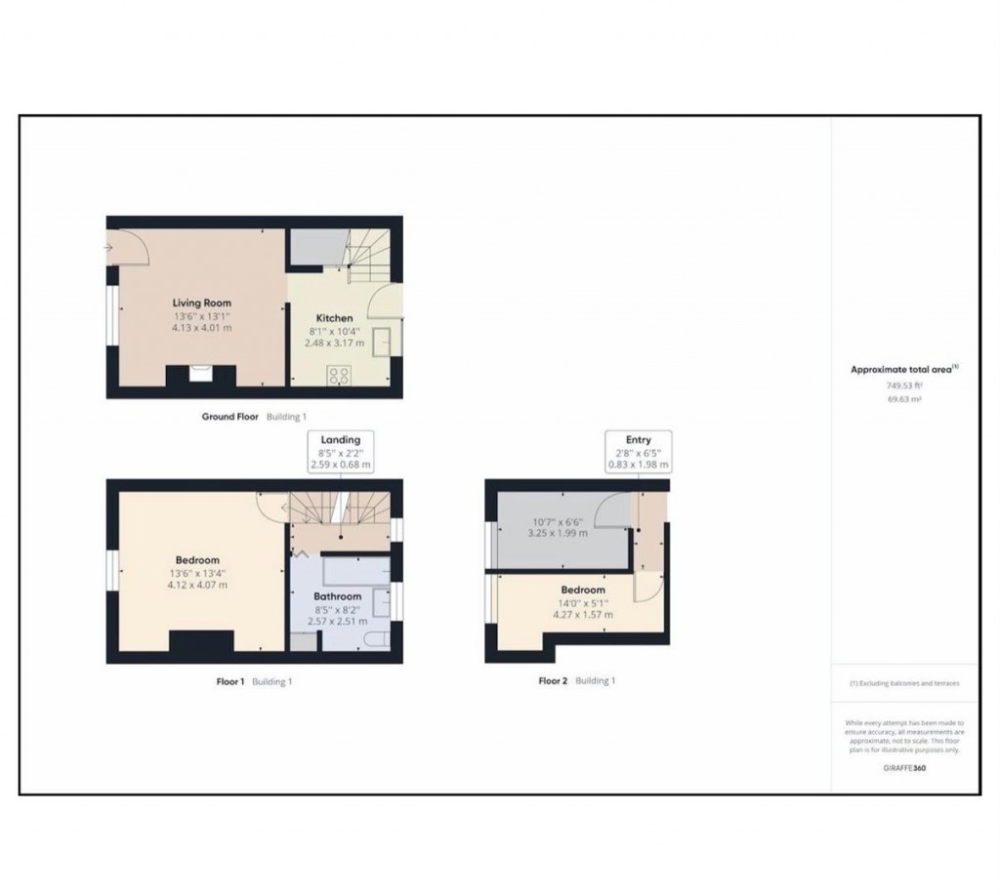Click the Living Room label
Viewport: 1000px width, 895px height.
(x=202, y=304)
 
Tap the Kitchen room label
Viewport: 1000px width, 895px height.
(x=334, y=318)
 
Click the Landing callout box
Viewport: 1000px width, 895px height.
(x=340, y=452)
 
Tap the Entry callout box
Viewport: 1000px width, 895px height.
(x=638, y=452)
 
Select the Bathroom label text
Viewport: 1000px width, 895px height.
(x=338, y=596)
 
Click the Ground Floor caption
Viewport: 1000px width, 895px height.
(x=230, y=417)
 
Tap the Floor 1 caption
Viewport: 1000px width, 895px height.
(x=230, y=681)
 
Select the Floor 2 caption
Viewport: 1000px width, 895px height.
(x=553, y=681)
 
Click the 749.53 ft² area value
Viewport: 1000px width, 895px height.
(x=904, y=386)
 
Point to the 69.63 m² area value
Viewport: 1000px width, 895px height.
(x=904, y=400)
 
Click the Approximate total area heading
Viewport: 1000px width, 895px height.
(x=904, y=369)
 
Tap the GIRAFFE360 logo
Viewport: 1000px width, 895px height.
(x=904, y=769)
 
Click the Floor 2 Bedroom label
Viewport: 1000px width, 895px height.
(x=582, y=590)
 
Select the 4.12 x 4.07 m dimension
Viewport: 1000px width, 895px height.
(x=197, y=586)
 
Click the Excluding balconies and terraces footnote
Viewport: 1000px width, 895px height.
(x=904, y=683)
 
